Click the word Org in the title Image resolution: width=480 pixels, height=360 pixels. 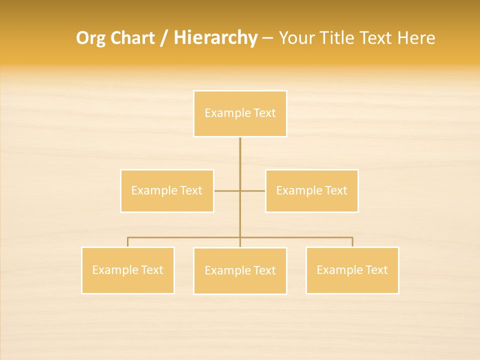[91, 38]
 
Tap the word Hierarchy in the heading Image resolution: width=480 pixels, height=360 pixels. [215, 38]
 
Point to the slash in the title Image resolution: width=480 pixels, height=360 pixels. [164, 38]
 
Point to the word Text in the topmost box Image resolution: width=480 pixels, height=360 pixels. [264, 113]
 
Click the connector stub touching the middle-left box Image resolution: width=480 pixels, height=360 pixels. [226, 190]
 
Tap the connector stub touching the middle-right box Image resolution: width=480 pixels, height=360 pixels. [253, 190]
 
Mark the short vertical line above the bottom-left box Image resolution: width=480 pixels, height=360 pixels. [127, 242]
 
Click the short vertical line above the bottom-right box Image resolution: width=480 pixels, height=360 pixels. [352, 242]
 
